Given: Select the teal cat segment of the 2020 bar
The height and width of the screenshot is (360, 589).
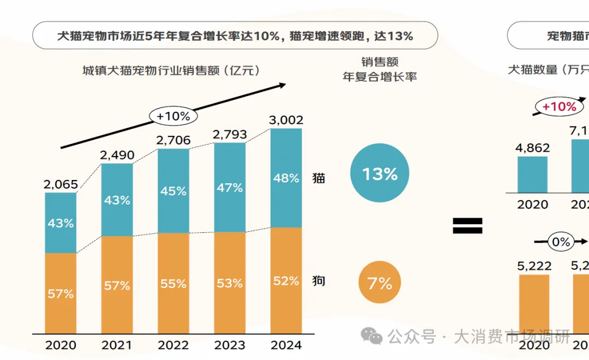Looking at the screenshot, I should [61, 223].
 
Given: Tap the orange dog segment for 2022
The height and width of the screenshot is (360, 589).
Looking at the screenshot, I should [173, 283].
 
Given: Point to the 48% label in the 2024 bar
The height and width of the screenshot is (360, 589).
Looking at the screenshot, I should [286, 178].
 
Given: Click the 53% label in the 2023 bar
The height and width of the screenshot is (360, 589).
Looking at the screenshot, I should [230, 283].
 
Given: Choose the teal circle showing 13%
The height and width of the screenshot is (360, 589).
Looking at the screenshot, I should [380, 174].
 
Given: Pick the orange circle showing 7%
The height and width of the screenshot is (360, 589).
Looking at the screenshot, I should [380, 284].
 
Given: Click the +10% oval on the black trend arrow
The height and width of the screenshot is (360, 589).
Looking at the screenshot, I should [173, 116].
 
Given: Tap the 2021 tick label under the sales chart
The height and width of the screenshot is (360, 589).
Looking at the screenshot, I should [117, 345].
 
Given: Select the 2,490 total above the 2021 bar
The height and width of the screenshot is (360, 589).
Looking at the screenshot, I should [117, 155].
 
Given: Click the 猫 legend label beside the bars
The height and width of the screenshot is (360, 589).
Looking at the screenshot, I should [318, 178].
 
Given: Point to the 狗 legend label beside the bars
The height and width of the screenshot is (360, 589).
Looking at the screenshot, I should [318, 281].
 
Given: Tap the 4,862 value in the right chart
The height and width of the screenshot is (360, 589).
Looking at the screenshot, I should [532, 148].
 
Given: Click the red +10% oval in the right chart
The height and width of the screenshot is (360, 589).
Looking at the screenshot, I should [559, 107].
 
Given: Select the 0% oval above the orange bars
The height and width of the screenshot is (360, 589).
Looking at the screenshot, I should [560, 242].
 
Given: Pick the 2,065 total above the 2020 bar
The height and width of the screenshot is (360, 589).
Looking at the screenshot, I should [61, 184].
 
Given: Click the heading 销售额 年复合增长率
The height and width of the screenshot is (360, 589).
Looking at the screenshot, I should [380, 69].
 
